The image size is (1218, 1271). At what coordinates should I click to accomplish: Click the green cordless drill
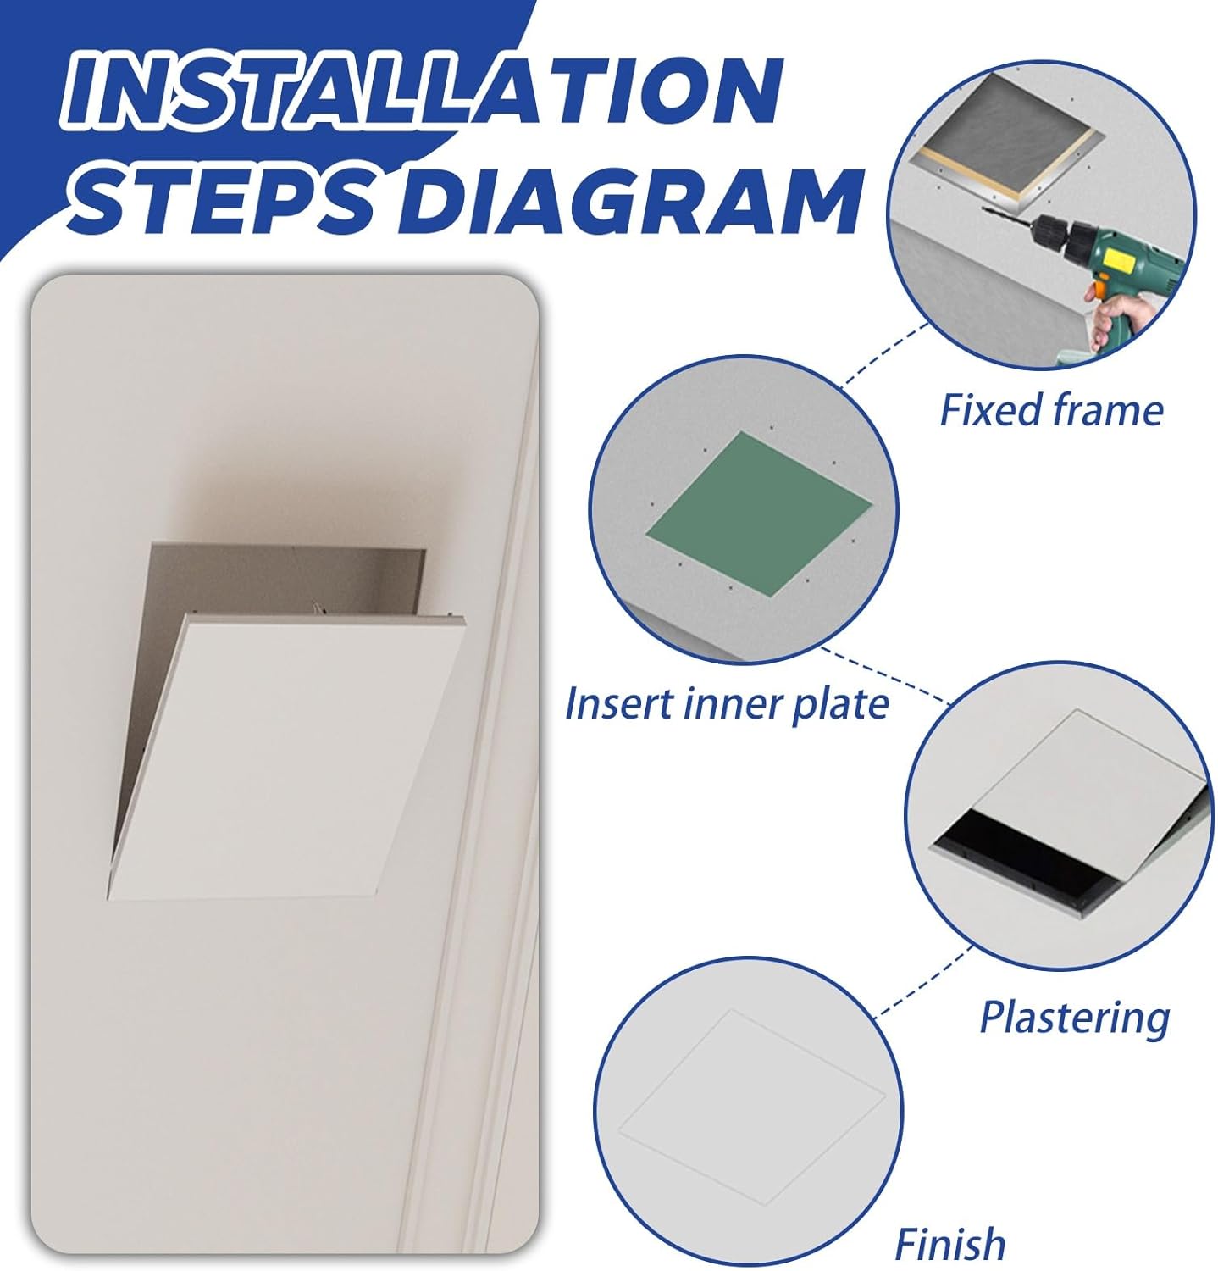pos(1110,254)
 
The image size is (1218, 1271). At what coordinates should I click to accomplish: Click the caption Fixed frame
pos(1051,410)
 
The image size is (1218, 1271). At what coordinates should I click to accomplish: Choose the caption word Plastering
pos(1074,1016)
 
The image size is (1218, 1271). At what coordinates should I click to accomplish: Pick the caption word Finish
pos(949,1244)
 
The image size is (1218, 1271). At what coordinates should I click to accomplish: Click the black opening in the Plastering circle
pos(1025,852)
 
